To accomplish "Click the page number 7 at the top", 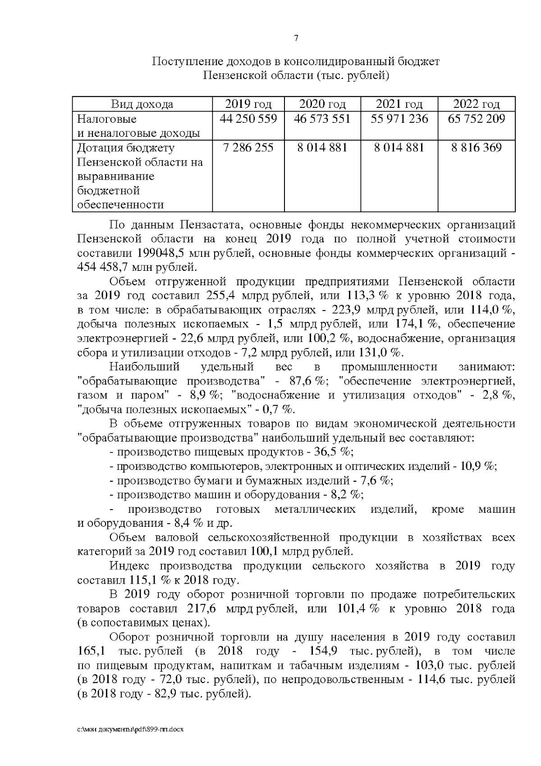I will (x=296, y=39).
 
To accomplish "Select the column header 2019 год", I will (x=248, y=105).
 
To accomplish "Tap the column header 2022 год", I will (x=476, y=105).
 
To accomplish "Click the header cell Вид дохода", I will (x=142, y=105).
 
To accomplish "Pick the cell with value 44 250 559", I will (x=248, y=119).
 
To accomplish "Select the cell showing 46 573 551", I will (x=322, y=119).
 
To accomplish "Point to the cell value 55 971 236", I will (x=399, y=119).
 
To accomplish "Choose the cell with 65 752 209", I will (x=476, y=119).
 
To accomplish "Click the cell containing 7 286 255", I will (x=248, y=148).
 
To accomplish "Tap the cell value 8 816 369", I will (x=476, y=148).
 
